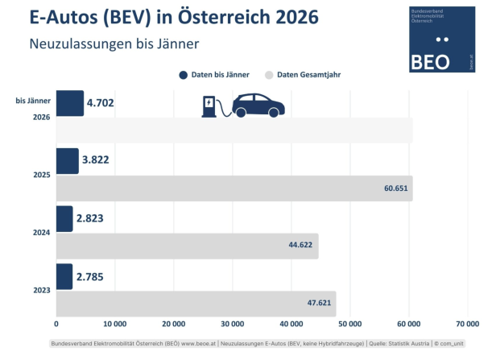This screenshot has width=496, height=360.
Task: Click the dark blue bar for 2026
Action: pyautogui.click(x=69, y=103)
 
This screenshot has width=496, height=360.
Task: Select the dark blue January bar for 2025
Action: pyautogui.click(x=67, y=161)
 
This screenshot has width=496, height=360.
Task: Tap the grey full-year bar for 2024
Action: pyautogui.click(x=187, y=246)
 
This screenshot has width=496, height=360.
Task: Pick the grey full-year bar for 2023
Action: pyautogui.click(x=196, y=304)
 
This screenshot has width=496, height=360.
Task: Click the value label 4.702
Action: pyautogui.click(x=104, y=103)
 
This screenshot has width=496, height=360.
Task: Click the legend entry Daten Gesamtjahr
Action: pyautogui.click(x=302, y=75)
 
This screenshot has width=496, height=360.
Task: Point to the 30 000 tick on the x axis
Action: pyautogui.click(x=232, y=324)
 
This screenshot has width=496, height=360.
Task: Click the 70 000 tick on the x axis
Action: pyautogui.click(x=467, y=324)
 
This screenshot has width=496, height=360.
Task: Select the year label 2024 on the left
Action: pyautogui.click(x=42, y=233)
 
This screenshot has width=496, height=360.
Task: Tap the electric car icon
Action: pyautogui.click(x=258, y=106)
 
